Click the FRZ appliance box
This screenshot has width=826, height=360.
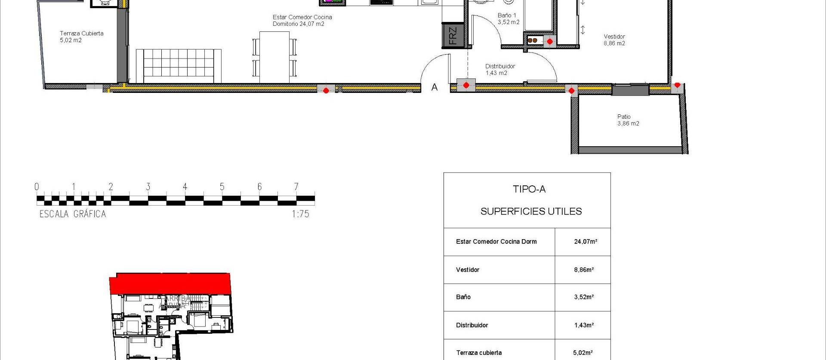coord(453,36)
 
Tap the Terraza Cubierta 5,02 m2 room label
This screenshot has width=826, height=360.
coord(81,37)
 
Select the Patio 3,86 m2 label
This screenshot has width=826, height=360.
coord(628,120)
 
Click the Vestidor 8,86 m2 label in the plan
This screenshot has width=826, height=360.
coord(614,40)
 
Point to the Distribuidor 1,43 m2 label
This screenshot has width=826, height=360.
coord(499,70)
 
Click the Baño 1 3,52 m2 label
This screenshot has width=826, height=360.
coord(508,18)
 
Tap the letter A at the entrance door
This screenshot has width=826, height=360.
coord(435,87)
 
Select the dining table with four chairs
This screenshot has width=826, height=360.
coord(274,56)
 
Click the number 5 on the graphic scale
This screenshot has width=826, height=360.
coord(222,187)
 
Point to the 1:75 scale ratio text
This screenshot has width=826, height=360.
coord(300,214)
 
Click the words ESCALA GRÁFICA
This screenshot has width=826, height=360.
coord(73,214)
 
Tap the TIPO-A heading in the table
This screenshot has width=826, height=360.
coord(529,189)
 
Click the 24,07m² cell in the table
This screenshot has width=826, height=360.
coord(585,242)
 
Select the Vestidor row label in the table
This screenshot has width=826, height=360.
coord(468,270)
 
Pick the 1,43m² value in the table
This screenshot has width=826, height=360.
coord(584,325)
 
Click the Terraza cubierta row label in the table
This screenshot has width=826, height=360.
coord(479,353)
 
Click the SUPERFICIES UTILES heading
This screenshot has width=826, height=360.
coord(531,212)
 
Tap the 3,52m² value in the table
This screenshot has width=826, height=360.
coord(584,297)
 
